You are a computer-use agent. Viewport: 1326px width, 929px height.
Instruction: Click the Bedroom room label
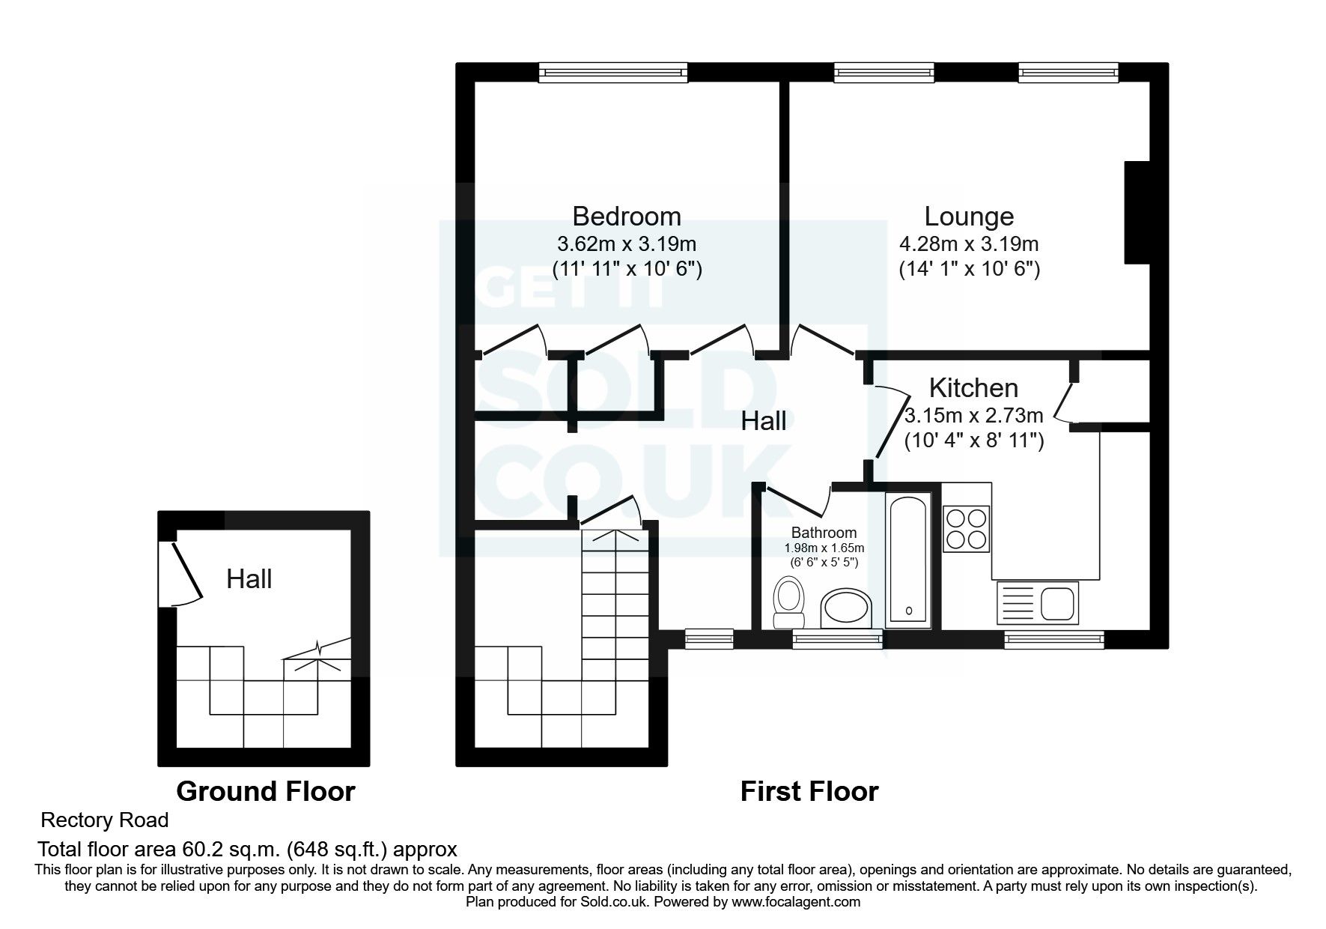click(x=627, y=217)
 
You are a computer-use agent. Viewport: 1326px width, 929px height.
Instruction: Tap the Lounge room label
click(x=969, y=217)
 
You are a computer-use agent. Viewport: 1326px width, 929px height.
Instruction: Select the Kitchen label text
click(x=973, y=388)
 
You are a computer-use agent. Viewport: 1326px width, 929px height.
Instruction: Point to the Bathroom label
click(x=824, y=533)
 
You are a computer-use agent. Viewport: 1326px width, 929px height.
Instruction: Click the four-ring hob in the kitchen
click(x=967, y=528)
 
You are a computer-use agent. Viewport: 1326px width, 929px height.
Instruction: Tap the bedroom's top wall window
click(x=612, y=72)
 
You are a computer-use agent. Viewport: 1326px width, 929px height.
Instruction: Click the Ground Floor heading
click(x=265, y=791)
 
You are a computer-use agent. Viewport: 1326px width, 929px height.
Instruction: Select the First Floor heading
click(x=809, y=791)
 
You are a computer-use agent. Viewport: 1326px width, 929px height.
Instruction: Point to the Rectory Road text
click(x=104, y=820)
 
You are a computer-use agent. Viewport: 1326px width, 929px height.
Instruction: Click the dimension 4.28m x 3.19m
click(x=969, y=244)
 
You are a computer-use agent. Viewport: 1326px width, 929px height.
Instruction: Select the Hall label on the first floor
click(x=763, y=421)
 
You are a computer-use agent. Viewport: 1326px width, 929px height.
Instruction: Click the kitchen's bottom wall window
click(x=1053, y=639)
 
